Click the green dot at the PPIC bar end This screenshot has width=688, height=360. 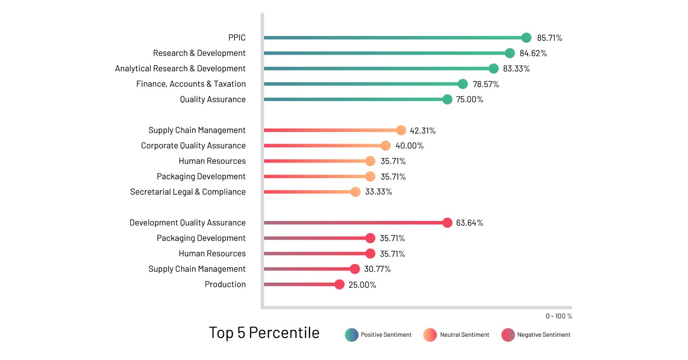coord(526,38)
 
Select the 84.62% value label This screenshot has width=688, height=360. coord(533,53)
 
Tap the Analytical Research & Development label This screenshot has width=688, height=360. coord(180,68)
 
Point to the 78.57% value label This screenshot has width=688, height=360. coord(486,84)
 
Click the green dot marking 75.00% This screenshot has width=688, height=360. coord(447,99)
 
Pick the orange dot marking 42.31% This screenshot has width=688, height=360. coord(401,130)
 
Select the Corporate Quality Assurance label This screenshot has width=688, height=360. coord(193,145)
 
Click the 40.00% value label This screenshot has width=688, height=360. coord(409,146)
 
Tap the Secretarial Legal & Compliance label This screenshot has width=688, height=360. coord(187,192)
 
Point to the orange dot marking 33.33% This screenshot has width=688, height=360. coord(355,192)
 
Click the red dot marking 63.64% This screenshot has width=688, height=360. coord(447,223)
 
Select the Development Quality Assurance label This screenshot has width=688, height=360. coord(187,223)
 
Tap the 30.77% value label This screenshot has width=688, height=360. coord(377,269)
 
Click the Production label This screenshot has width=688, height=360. coord(225,284)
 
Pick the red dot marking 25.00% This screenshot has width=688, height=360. coord(339,284)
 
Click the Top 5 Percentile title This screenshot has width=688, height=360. coord(264,333)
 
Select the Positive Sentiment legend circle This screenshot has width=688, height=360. coord(351,335)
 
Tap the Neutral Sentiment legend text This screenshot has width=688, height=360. coord(464,335)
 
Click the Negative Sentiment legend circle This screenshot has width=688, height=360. coord(508,335)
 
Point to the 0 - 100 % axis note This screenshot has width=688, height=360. coord(559,316)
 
